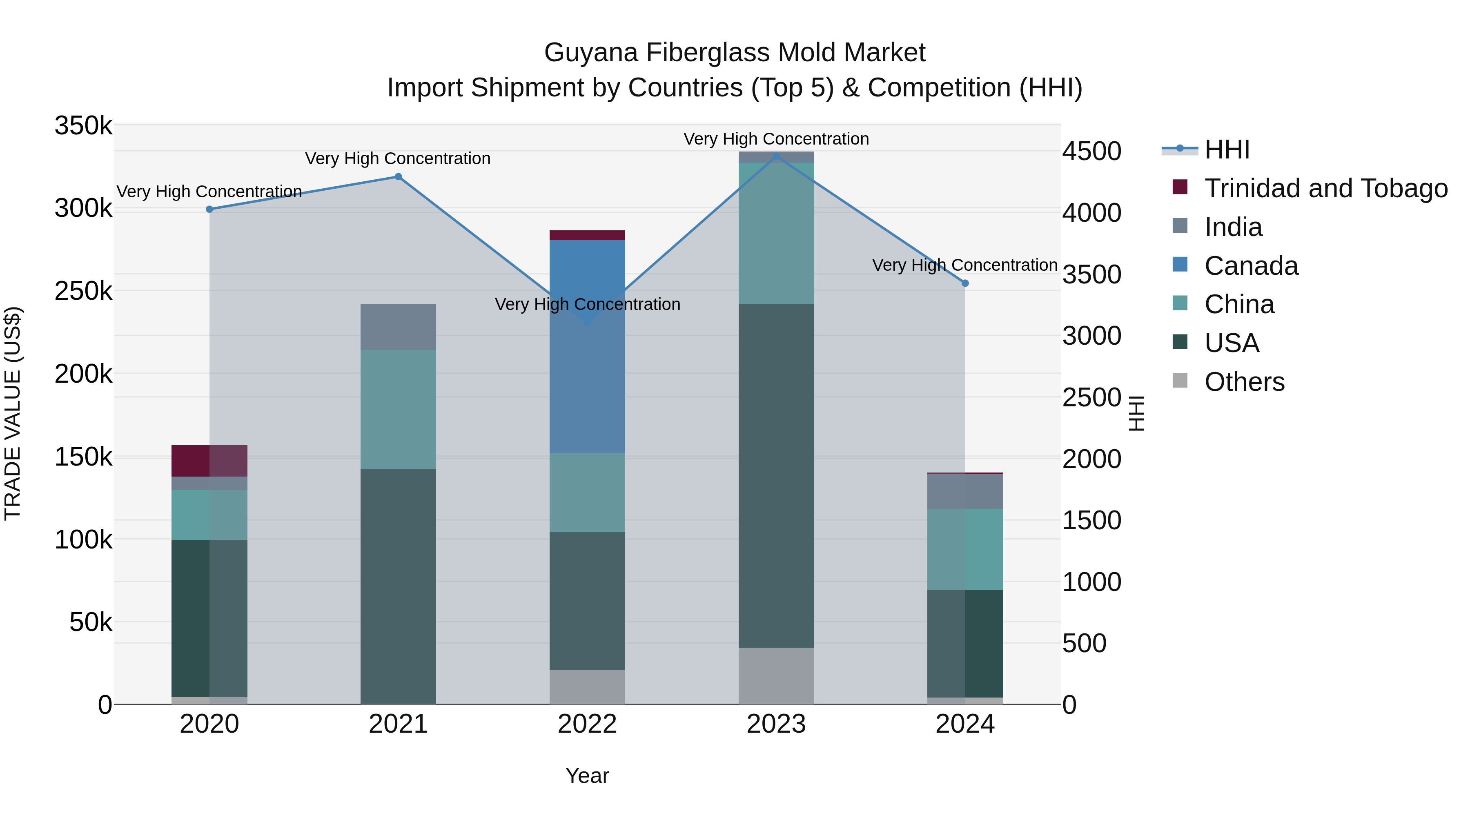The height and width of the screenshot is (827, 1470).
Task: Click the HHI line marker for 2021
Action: (x=398, y=177)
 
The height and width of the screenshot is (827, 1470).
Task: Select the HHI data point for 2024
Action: (x=965, y=283)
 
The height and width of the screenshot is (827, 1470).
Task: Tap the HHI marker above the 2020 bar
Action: (x=209, y=210)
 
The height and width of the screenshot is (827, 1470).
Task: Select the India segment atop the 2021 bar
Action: (x=398, y=327)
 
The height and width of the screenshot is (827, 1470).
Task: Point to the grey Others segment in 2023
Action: (x=776, y=676)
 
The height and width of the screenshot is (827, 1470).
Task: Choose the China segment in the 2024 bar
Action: (x=965, y=549)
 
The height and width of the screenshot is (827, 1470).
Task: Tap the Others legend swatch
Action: (x=1180, y=381)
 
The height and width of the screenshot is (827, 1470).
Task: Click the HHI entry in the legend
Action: (x=1227, y=149)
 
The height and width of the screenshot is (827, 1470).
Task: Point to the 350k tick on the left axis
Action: (x=83, y=125)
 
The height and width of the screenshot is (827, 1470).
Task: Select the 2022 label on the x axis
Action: (x=587, y=724)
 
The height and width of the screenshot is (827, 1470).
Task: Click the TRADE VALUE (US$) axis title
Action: (x=13, y=413)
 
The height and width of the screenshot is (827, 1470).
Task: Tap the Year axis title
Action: (x=587, y=776)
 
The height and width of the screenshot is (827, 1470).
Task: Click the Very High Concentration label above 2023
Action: (x=776, y=139)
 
